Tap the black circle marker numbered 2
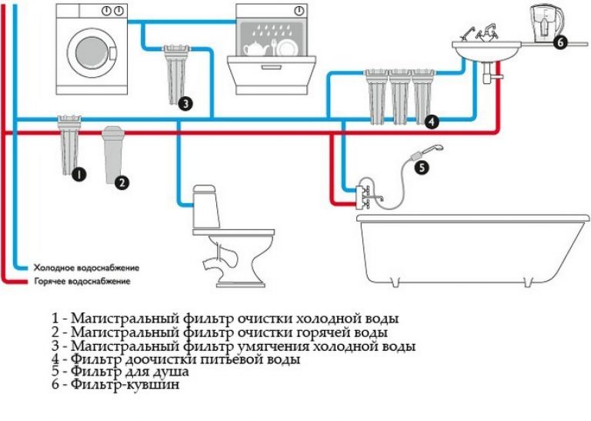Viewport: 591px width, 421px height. click(122, 182)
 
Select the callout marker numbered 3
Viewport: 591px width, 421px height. click(184, 102)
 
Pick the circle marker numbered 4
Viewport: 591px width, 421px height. click(432, 121)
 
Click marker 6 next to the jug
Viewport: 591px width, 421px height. click(559, 42)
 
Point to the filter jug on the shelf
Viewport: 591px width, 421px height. click(543, 24)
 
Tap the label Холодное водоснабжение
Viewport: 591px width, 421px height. click(85, 268)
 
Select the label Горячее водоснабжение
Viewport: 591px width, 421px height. click(82, 282)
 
